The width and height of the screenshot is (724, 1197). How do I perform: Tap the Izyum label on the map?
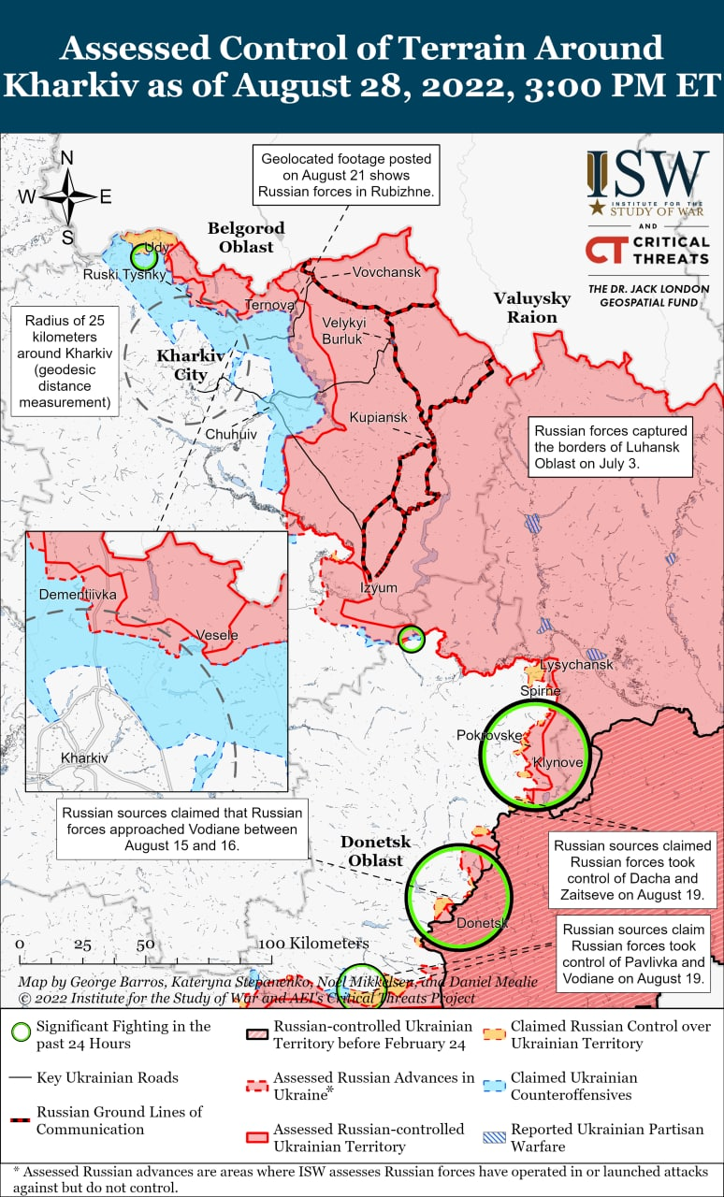pyautogui.click(x=379, y=587)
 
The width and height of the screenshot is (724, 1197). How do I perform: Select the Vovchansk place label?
pyautogui.click(x=386, y=272)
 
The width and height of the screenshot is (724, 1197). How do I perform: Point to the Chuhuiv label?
pyautogui.click(x=230, y=435)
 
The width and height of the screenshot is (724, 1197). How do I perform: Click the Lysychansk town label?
pyautogui.click(x=577, y=664)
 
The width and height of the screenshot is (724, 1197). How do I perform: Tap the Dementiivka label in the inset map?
pyautogui.click(x=78, y=594)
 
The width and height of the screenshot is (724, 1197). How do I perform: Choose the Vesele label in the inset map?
pyautogui.click(x=217, y=635)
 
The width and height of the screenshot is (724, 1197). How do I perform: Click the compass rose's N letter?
pyautogui.click(x=67, y=159)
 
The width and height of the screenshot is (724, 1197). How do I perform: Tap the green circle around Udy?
pyautogui.click(x=144, y=254)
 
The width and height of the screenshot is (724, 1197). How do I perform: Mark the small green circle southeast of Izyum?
pyautogui.click(x=411, y=639)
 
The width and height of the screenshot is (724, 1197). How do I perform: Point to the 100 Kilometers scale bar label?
pyautogui.click(x=313, y=943)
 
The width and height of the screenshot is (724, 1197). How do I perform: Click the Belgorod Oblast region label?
pyautogui.click(x=247, y=238)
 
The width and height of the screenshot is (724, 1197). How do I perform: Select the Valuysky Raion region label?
pyautogui.click(x=532, y=307)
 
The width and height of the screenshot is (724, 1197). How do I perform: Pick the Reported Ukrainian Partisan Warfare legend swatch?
pyautogui.click(x=494, y=1137)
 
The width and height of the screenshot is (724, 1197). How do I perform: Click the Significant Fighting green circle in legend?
pyautogui.click(x=20, y=1034)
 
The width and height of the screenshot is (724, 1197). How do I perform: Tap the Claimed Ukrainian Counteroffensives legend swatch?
pyautogui.click(x=494, y=1086)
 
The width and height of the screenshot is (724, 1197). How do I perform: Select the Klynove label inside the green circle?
pyautogui.click(x=557, y=763)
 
